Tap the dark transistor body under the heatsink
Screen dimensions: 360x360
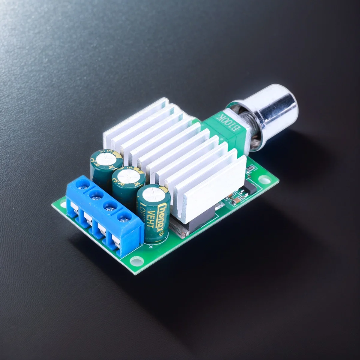(x=192, y=222)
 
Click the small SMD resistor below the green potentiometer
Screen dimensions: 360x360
(x=249, y=171)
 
